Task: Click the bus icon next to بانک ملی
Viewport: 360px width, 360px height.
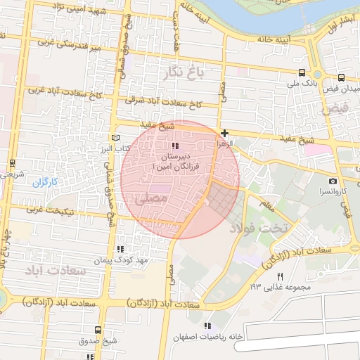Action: (x=302, y=72)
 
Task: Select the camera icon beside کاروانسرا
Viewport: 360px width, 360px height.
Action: (x=333, y=181)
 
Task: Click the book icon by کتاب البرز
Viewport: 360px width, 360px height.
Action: (x=117, y=139)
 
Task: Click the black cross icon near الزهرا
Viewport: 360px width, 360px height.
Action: (x=224, y=133)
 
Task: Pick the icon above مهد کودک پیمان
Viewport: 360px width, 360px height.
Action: (x=120, y=249)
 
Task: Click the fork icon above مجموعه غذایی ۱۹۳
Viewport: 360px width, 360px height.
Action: (x=280, y=276)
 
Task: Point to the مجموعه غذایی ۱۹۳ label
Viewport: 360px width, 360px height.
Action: (x=274, y=287)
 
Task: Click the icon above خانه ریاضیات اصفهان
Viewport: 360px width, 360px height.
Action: (x=207, y=326)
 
